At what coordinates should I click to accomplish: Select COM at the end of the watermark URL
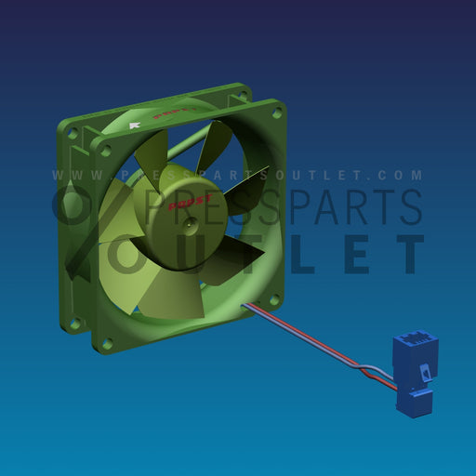(x=403, y=175)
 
